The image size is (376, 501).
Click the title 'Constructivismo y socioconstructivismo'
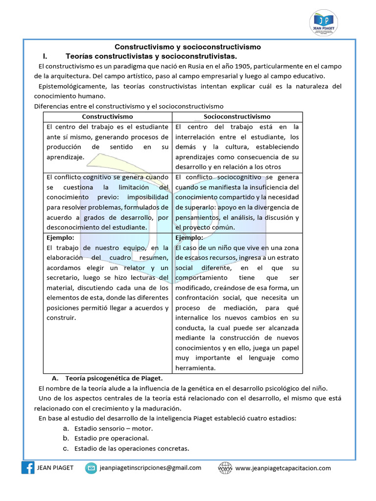(x=188, y=47)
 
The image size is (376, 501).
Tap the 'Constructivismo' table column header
(x=107, y=117)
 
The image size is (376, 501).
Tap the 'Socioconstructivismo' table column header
(x=237, y=117)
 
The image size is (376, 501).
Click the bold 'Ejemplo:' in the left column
(x=60, y=238)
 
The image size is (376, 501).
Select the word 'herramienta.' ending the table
(x=195, y=368)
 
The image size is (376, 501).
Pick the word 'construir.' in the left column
(x=62, y=318)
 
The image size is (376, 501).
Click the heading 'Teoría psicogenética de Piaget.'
(x=114, y=378)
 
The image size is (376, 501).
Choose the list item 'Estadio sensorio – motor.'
(x=114, y=428)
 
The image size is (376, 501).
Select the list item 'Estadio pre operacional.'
(x=111, y=438)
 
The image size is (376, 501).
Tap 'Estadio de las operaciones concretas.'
(x=131, y=449)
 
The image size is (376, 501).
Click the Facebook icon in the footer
(x=28, y=468)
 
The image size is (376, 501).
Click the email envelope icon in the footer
(x=91, y=468)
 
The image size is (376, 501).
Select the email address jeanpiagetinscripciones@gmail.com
(x=150, y=468)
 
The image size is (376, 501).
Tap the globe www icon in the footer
(x=225, y=468)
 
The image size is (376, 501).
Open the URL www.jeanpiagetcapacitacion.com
(x=283, y=468)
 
